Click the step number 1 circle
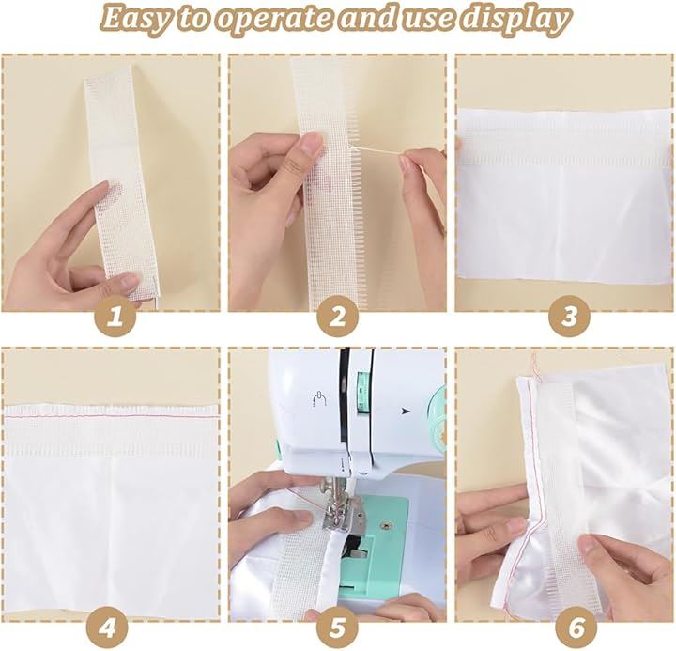coord(115,318)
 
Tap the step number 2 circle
coord(338,318)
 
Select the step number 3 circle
coord(570,317)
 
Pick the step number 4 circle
coord(107,628)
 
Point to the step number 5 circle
coord(338,628)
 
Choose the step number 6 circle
coord(576,628)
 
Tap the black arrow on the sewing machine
coord(405,411)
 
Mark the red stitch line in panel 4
coord(111,416)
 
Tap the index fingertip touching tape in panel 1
coord(101,187)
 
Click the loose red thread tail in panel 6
coord(534,365)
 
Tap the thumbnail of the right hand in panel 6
coord(589,546)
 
